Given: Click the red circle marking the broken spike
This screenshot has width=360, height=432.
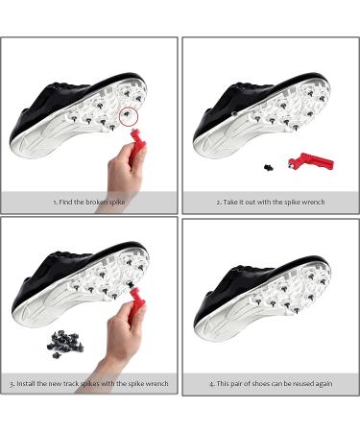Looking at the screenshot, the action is point(119,116).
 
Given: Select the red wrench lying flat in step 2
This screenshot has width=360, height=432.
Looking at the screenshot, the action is point(311,160).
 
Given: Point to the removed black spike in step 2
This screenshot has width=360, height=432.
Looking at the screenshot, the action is point(269,167).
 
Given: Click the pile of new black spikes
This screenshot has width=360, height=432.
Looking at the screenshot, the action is point(65,344).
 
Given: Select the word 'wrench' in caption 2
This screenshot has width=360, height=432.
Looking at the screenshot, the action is point(313,202).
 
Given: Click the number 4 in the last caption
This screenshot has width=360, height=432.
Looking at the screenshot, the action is point(211,384).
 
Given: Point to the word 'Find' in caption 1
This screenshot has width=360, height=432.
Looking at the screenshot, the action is point(65,202).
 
